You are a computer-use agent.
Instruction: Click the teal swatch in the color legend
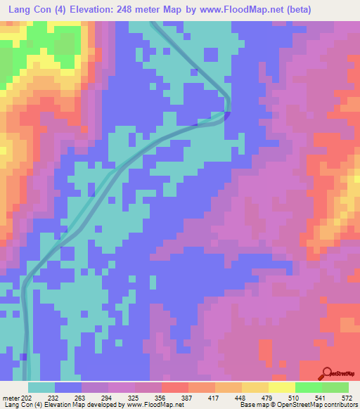41,387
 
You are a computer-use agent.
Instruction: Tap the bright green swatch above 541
308,387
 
